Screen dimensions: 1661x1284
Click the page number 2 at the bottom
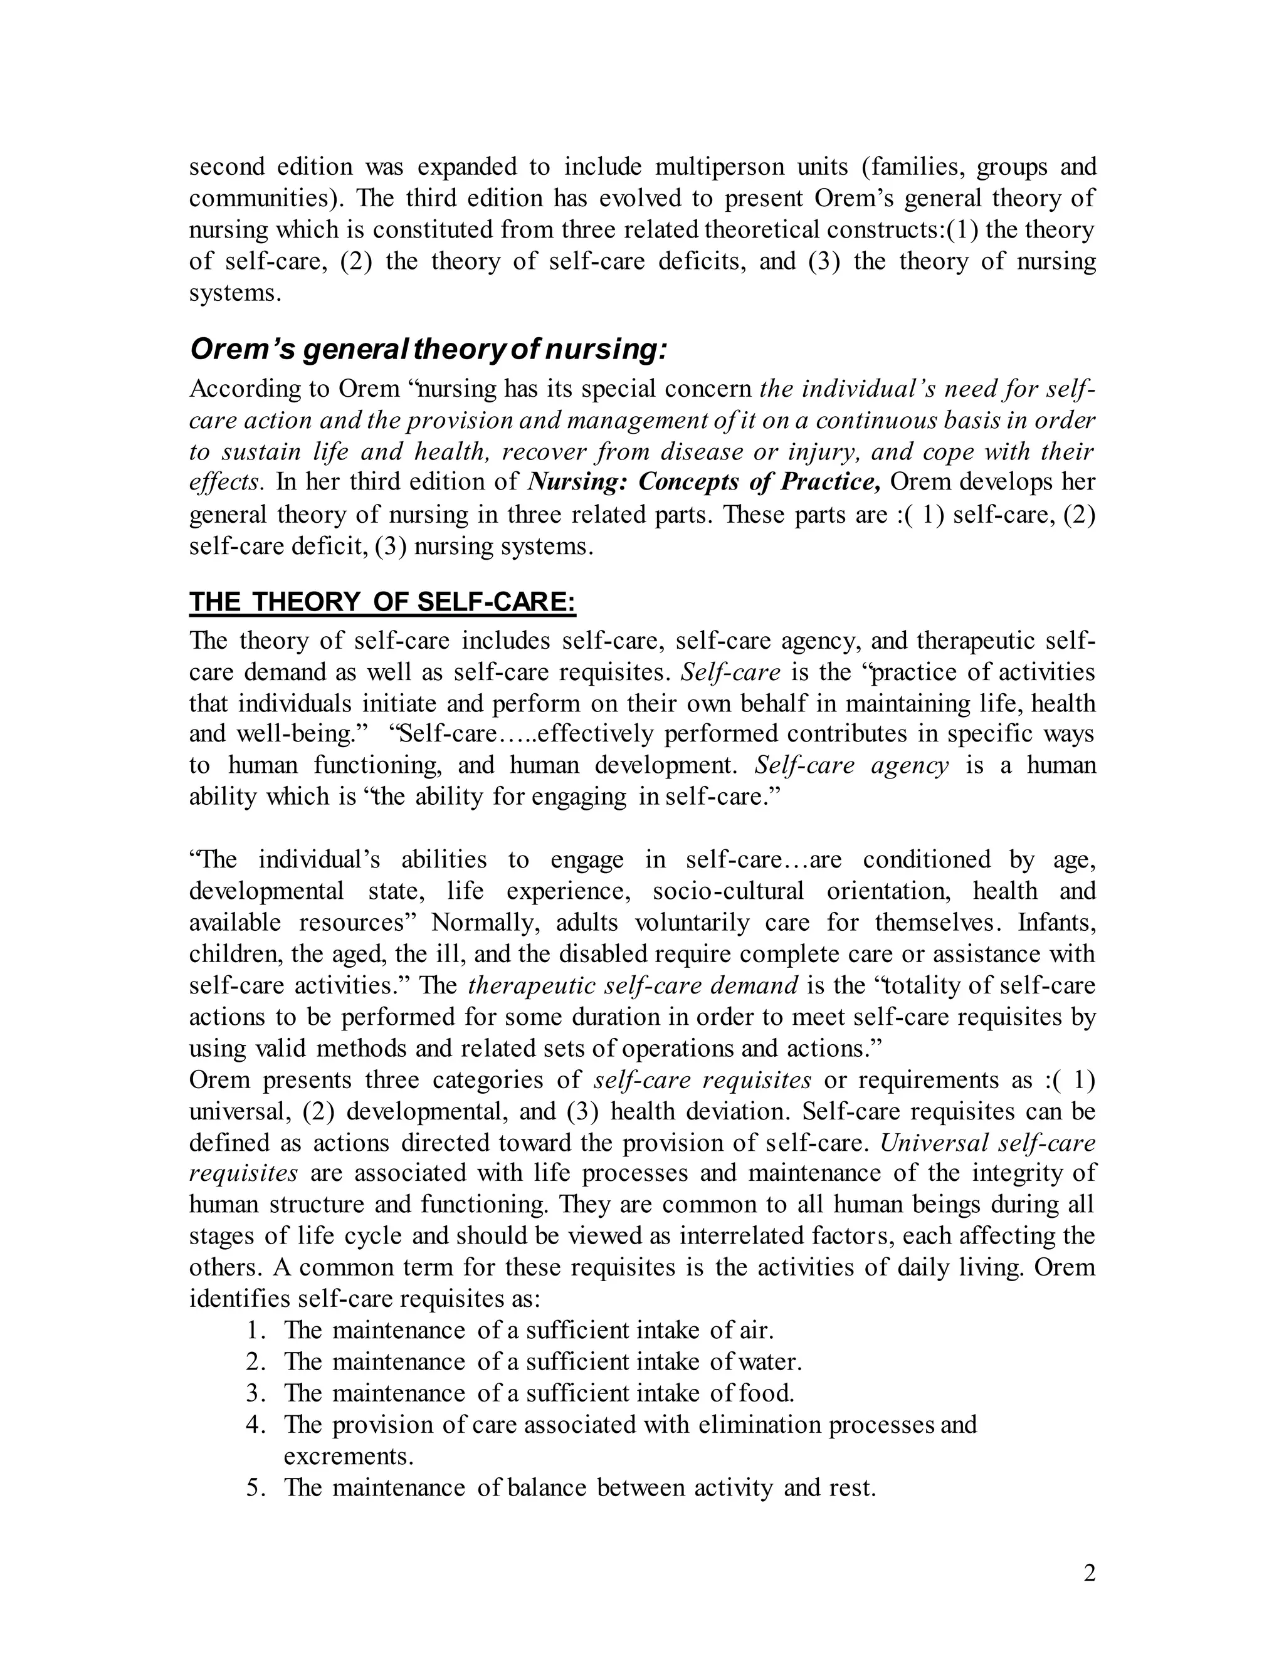[1089, 1573]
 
